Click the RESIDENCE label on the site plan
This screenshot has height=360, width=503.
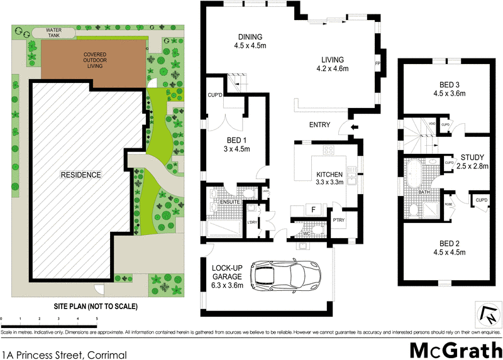tap(81, 174)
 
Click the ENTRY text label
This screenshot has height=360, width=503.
tap(319, 125)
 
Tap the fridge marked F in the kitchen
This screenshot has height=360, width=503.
tap(312, 209)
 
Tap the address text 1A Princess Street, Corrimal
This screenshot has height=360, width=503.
tap(65, 355)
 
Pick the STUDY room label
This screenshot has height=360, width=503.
tap(472, 157)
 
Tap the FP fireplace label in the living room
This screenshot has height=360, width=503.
tap(377, 64)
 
